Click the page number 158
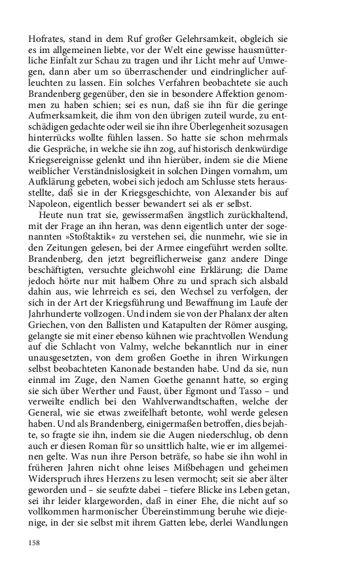tap(34, 543)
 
